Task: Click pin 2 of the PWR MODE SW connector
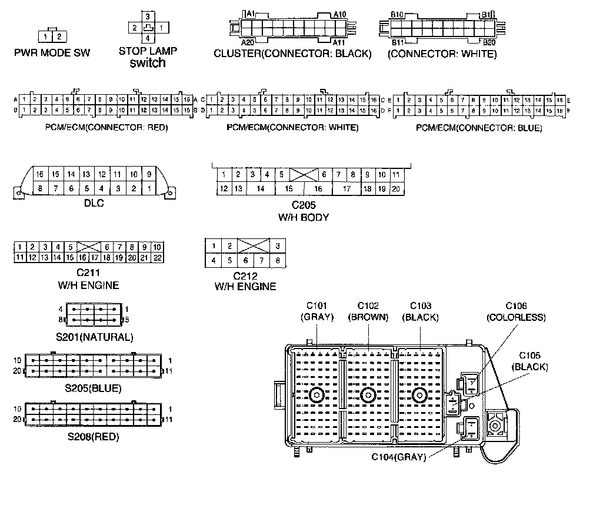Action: coord(59,37)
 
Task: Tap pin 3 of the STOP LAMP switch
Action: coord(148,16)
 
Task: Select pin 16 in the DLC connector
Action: coord(40,174)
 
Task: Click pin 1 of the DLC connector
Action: coord(149,188)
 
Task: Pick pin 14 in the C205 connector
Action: coord(261,188)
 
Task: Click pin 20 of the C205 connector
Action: coord(397,188)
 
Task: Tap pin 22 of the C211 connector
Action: coord(158,257)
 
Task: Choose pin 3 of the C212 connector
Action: coord(277,246)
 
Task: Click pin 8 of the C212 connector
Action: coord(277,260)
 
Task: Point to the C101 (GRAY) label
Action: coord(317,311)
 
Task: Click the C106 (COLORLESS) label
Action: coord(516,311)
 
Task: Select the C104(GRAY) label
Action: coord(398,457)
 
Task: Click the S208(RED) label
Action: coord(93,436)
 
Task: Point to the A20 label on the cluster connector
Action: coord(248,43)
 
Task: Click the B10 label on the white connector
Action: coord(397,14)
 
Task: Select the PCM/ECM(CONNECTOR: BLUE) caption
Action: coord(479,128)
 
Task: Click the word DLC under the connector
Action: coord(94,203)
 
